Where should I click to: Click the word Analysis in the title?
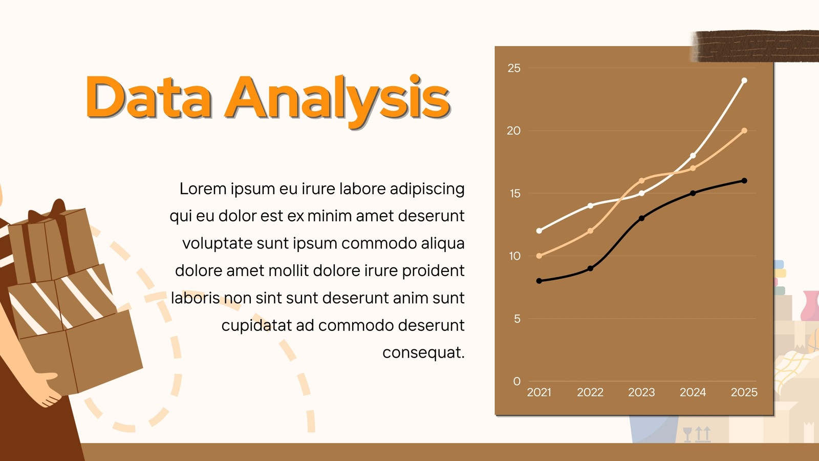tap(338, 100)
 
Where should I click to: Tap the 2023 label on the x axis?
tap(641, 392)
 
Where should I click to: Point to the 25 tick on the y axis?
tap(514, 68)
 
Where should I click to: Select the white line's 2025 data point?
tap(744, 80)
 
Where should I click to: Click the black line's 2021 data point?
tap(539, 281)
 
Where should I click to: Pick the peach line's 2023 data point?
tap(641, 181)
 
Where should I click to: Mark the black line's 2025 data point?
tap(744, 181)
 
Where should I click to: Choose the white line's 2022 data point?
tap(590, 206)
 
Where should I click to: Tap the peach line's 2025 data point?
tap(744, 131)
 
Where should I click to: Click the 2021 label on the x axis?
tap(539, 392)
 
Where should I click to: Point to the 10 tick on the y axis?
tap(514, 256)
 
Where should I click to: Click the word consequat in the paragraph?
tap(421, 353)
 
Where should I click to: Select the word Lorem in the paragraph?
tap(203, 189)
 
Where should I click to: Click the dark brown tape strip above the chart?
tap(755, 46)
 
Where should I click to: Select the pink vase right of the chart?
tap(810, 306)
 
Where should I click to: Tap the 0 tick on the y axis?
tap(516, 381)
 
